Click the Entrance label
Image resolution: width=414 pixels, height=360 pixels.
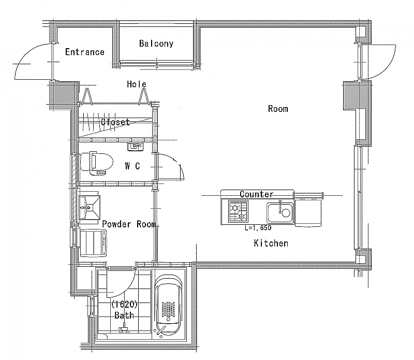pos(85,52)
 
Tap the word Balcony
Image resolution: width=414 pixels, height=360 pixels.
pos(156,44)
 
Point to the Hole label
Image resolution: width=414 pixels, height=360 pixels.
pos(137,84)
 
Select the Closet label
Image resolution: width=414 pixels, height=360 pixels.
pos(115,122)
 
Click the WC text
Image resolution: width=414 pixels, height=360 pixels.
pos(132,166)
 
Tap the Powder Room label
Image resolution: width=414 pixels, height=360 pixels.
pos(129,224)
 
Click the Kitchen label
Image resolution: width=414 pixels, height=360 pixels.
pos(271,243)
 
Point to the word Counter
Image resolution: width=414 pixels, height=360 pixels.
pos(256,194)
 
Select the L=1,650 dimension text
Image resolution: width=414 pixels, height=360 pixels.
pos(258,228)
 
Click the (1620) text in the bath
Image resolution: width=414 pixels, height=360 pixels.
pos(124,305)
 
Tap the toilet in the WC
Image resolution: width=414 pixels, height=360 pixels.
pos(97,163)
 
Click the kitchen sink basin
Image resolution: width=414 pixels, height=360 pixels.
pos(280,212)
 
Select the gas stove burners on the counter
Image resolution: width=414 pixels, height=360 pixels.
pos(238,211)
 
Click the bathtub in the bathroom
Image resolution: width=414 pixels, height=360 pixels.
pos(169,305)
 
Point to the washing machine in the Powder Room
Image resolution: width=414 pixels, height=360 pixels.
pos(94,243)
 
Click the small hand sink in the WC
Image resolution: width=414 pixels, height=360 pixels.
pos(136,146)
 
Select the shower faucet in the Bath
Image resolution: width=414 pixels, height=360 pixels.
pos(124,328)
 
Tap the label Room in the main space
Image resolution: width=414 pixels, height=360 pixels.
pos(278,109)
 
